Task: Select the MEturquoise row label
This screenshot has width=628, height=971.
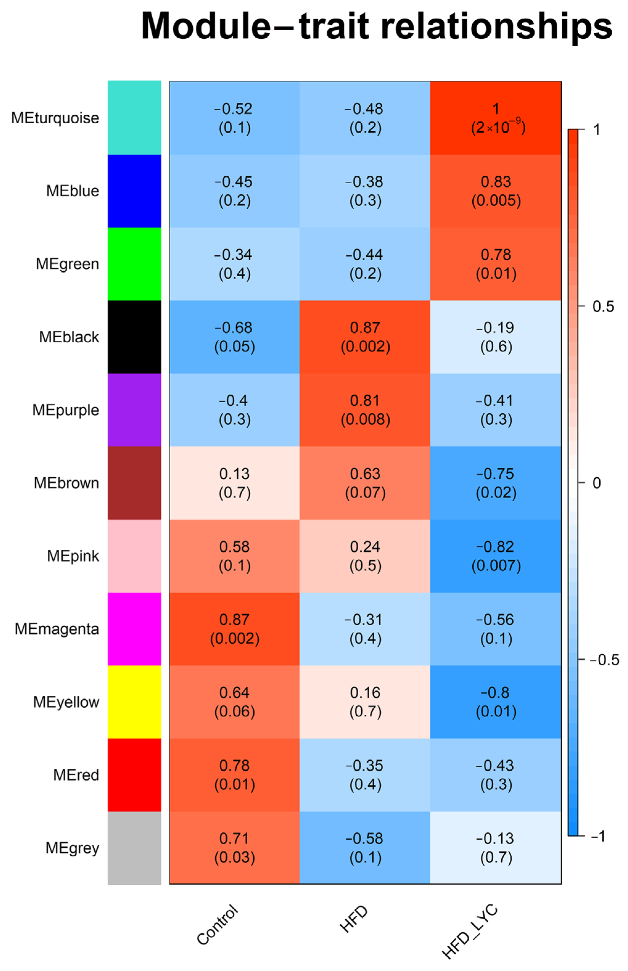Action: click(55, 118)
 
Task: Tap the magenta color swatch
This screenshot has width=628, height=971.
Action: click(134, 628)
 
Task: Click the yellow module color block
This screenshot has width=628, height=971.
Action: click(134, 702)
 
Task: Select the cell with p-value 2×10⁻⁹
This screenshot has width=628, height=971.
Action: click(496, 118)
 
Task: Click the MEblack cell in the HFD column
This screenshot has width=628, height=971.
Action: click(365, 337)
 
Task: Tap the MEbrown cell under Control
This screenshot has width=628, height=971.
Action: click(235, 483)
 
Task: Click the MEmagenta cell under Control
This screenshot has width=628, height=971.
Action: click(235, 628)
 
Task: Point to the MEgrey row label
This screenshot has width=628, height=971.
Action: click(72, 848)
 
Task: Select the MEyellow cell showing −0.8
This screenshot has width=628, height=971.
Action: click(496, 702)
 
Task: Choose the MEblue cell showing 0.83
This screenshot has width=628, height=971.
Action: click(496, 191)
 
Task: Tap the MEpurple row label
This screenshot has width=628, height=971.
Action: click(66, 410)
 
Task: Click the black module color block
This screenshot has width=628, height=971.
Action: click(134, 337)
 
